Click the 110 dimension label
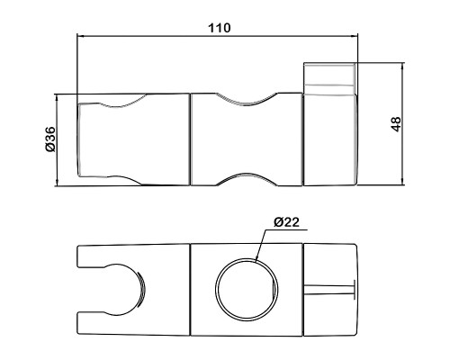tap(220, 28)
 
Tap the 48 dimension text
tap(396, 124)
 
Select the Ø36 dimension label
tap(51, 139)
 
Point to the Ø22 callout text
tap(286, 222)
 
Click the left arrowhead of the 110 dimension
tap(80, 36)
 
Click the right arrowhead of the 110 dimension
tap(355, 36)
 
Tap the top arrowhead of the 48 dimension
tap(403, 66)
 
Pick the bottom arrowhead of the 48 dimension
tap(403, 182)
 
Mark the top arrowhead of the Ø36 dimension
tap(57, 97)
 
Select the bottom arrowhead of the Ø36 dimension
tap(57, 183)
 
